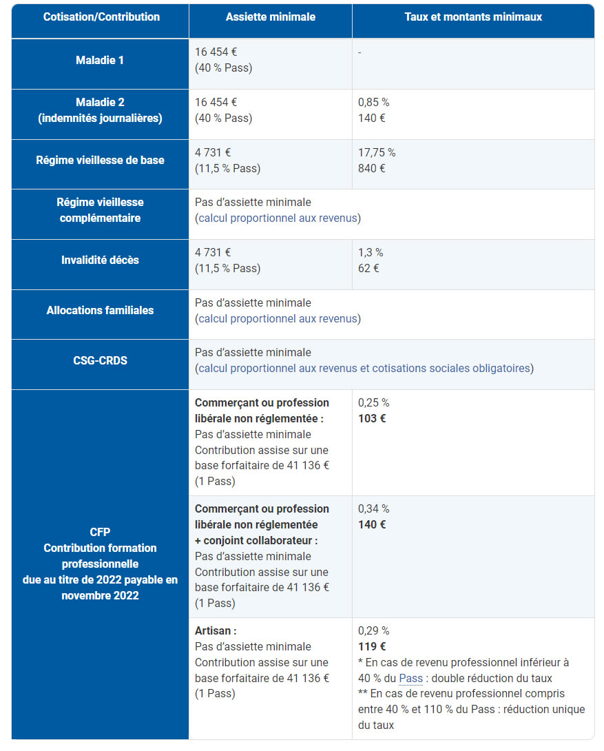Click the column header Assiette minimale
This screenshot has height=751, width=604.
tap(270, 17)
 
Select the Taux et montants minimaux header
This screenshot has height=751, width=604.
tap(472, 17)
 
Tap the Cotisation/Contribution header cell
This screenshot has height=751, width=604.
tap(101, 17)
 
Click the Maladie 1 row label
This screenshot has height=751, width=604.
tap(100, 61)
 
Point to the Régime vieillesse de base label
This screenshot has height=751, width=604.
tap(100, 161)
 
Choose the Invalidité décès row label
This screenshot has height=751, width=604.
tap(100, 260)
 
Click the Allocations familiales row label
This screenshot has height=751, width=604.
tap(100, 311)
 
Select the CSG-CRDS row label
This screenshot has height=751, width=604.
tap(100, 360)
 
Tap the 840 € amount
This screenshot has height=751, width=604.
tap(371, 169)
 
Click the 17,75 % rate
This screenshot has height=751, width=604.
tap(376, 153)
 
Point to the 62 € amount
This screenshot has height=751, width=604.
tap(368, 269)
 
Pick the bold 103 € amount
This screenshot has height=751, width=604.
tap(372, 419)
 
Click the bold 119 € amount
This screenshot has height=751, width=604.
tap(372, 647)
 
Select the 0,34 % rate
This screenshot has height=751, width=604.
tap(373, 509)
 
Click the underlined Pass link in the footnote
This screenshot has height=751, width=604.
tap(410, 679)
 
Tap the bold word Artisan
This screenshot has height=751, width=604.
tap(215, 631)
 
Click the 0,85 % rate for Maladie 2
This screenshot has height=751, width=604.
tap(373, 103)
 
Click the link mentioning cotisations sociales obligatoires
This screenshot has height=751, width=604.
tap(364, 369)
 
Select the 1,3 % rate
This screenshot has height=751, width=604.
tap(371, 253)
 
